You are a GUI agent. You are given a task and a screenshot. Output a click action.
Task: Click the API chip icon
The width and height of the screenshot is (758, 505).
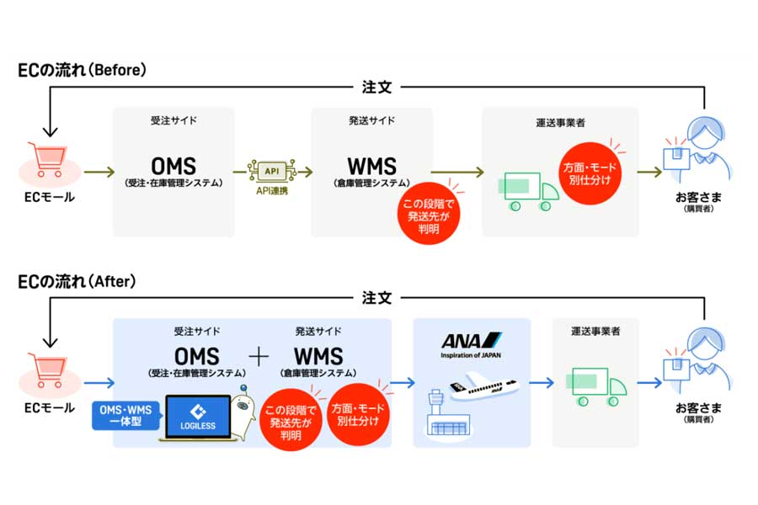272,171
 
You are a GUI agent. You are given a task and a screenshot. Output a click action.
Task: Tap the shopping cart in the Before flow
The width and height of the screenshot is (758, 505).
47,159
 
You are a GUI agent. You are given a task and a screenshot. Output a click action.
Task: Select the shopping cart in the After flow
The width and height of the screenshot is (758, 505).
47,370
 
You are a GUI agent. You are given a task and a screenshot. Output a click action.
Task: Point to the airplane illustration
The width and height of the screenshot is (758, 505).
483,385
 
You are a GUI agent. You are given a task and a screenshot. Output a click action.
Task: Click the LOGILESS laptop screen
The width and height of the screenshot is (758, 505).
198,417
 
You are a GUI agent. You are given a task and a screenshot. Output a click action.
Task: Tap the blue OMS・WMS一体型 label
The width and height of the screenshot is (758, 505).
125,416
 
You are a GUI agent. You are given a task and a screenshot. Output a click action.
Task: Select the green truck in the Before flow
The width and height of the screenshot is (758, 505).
528,191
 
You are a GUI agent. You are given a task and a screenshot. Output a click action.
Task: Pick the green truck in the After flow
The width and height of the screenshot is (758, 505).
596,386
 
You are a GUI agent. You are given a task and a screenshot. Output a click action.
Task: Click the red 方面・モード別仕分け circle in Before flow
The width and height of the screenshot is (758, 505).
590,173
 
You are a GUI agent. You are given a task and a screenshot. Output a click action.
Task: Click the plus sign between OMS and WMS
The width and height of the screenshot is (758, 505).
259,358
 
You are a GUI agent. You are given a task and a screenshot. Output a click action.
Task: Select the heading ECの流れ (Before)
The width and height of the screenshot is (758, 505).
82,70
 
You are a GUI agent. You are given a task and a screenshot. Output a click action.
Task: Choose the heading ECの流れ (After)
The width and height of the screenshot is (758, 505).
77,281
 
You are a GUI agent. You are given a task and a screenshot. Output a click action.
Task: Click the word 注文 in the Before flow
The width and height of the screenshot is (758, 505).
376,88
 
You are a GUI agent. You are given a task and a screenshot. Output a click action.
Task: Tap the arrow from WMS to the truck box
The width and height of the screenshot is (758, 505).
457,172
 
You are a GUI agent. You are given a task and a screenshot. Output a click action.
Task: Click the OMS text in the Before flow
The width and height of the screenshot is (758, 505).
173,167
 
